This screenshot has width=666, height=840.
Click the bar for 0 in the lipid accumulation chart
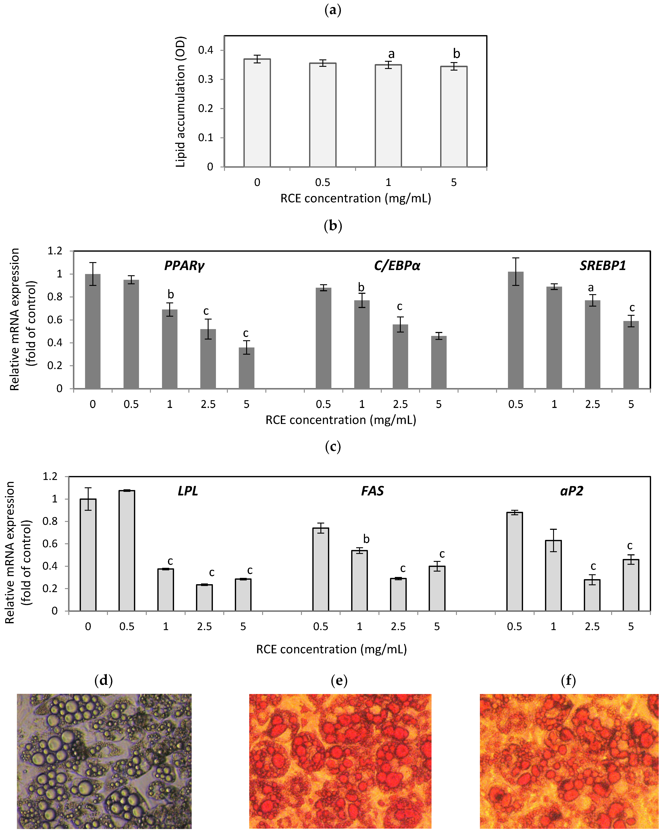[257, 113]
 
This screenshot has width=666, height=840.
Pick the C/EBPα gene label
[397, 266]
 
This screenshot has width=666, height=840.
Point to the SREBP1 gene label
[603, 266]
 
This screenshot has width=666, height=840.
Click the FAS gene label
[373, 491]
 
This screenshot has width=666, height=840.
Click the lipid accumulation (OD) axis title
[180, 102]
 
